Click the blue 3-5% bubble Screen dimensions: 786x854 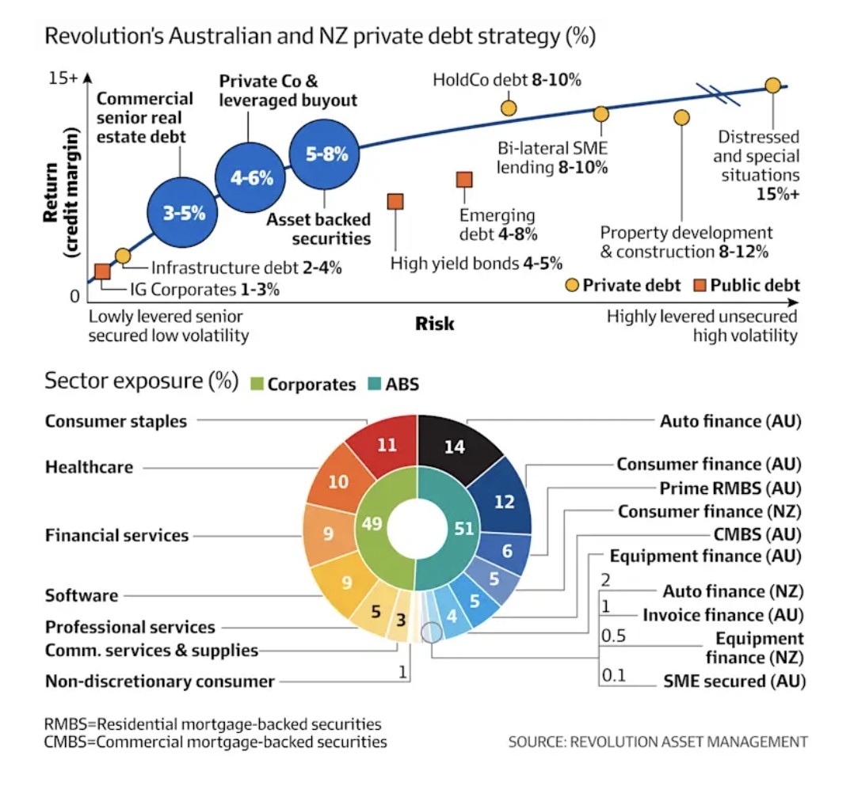185,212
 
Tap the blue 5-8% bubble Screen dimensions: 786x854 326,154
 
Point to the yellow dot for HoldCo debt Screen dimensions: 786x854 509,108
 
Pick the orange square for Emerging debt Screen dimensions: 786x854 464,180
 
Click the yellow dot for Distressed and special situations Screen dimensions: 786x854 772,85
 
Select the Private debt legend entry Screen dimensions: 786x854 623,286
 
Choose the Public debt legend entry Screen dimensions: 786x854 746,286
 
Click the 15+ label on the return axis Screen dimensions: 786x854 63,78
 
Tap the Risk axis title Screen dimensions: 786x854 435,324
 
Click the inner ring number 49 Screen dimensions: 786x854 372,524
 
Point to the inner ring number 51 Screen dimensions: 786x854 463,528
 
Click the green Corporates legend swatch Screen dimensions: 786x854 257,385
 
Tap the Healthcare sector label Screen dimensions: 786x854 89,467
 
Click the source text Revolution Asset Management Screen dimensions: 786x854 658,742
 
